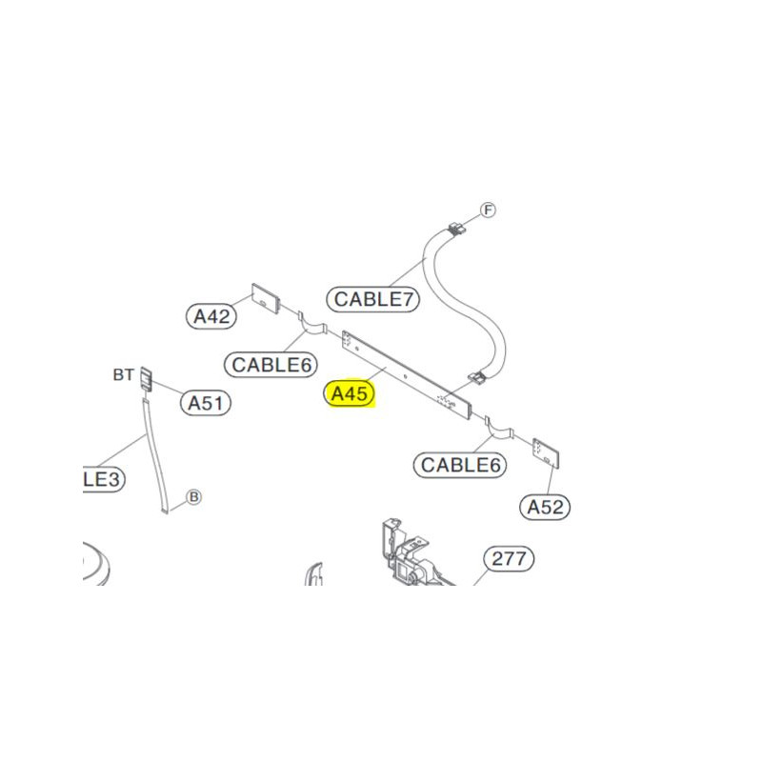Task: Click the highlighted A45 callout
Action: (351, 393)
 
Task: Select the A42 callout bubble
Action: (211, 316)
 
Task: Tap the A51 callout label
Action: (206, 403)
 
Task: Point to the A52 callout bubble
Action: (546, 507)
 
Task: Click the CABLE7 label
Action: (375, 298)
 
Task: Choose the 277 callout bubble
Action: (509, 559)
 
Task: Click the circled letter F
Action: (488, 211)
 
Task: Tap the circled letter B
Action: (192, 496)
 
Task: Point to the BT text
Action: (123, 375)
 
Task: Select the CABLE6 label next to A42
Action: (272, 364)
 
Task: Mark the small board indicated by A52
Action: (545, 453)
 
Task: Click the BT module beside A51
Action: (147, 378)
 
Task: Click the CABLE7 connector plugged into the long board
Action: (476, 378)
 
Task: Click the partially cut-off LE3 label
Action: (100, 479)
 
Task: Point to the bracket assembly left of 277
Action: (406, 552)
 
